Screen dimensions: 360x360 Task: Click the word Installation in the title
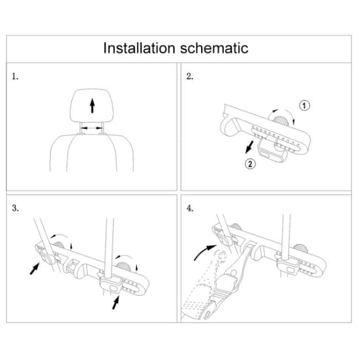pyautogui.click(x=138, y=48)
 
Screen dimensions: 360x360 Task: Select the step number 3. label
pyautogui.click(x=15, y=208)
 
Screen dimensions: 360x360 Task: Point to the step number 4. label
pyautogui.click(x=190, y=208)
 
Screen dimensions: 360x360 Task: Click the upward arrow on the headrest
pyautogui.click(x=92, y=106)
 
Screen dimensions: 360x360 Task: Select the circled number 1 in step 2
pyautogui.click(x=304, y=106)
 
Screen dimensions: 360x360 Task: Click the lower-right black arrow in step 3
pyautogui.click(x=115, y=302)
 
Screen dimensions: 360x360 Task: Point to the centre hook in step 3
pyautogui.click(x=73, y=265)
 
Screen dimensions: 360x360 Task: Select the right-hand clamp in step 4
pyautogui.click(x=286, y=265)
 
